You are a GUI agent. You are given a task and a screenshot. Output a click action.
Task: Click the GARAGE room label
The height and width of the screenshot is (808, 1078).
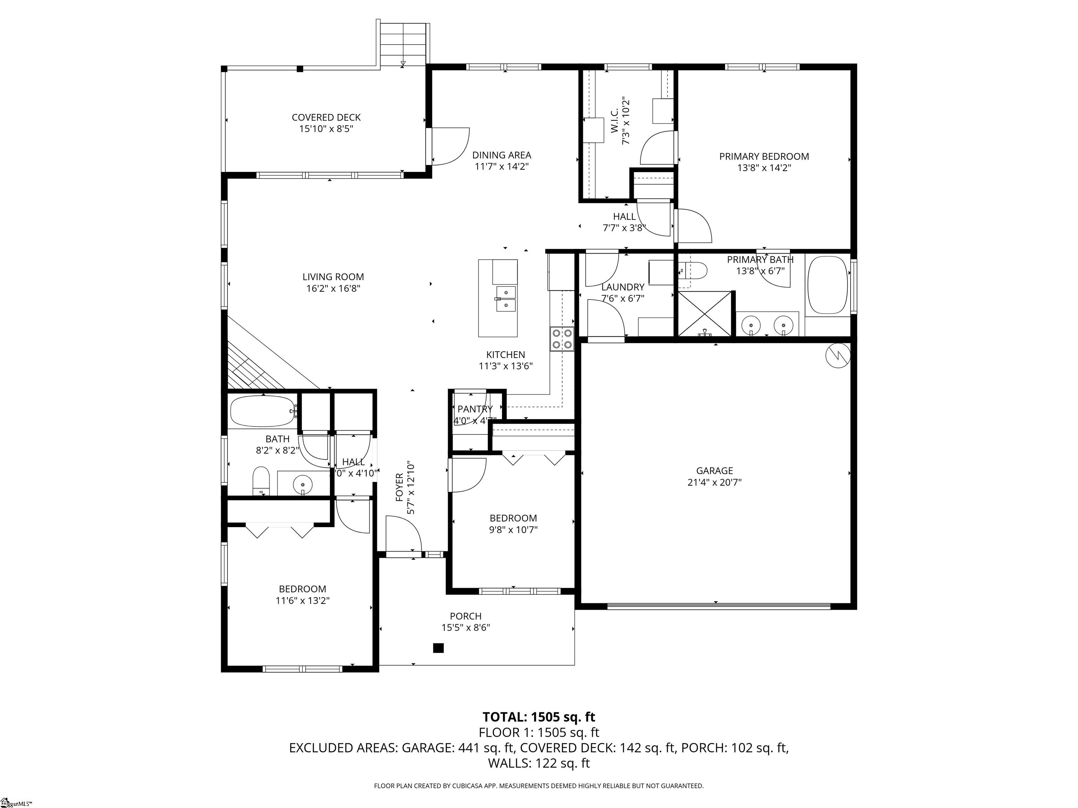tap(714, 471)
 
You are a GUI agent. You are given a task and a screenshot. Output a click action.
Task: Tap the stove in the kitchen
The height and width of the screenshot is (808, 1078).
tap(562, 339)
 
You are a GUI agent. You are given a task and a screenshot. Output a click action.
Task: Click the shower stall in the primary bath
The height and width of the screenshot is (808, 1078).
tap(705, 314)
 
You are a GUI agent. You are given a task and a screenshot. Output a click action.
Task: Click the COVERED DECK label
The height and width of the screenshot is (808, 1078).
tap(326, 117)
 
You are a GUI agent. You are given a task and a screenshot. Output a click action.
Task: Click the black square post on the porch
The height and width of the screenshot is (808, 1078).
tap(439, 648)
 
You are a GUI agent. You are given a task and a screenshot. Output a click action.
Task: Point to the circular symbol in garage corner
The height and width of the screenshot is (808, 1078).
tap(838, 356)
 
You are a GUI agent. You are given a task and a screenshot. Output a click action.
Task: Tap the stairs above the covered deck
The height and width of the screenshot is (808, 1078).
tap(403, 44)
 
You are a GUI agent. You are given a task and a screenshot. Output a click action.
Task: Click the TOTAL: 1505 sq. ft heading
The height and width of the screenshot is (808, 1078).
tap(539, 717)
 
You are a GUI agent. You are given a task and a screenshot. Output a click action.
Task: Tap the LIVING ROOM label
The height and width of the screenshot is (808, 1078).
tap(333, 277)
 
